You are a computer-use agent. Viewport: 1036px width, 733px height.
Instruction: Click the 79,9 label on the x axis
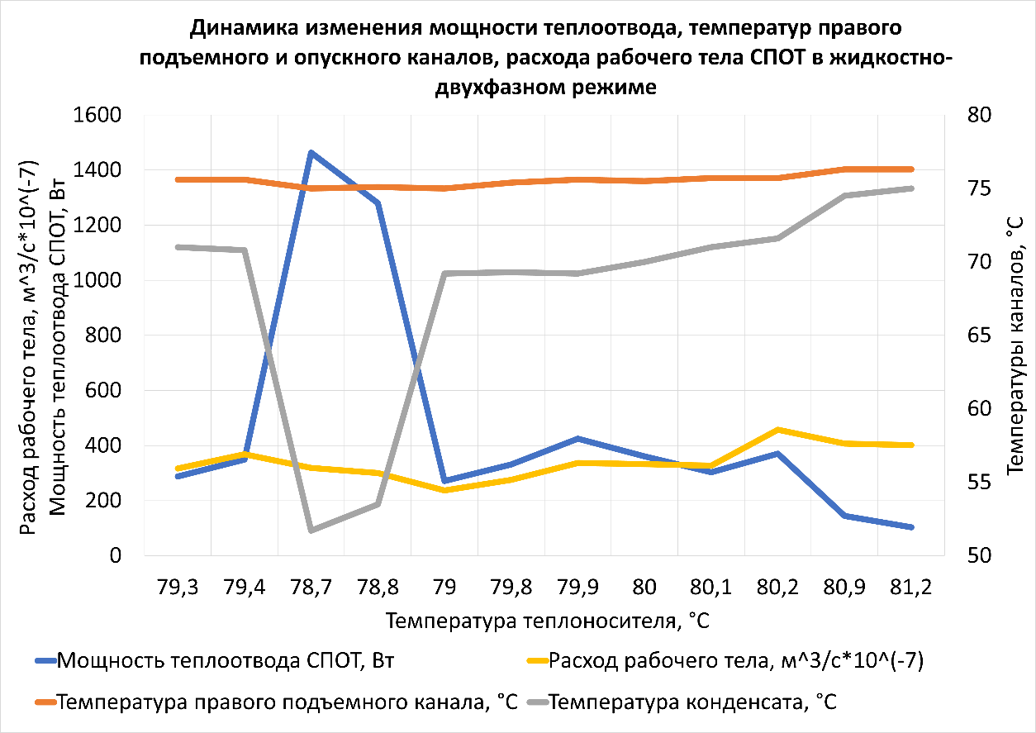click(x=577, y=588)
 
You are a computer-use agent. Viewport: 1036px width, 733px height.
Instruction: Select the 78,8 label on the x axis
click(x=378, y=588)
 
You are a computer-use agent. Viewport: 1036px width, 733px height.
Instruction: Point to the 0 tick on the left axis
click(x=115, y=556)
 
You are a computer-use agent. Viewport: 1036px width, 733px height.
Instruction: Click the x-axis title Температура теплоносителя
click(x=547, y=620)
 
